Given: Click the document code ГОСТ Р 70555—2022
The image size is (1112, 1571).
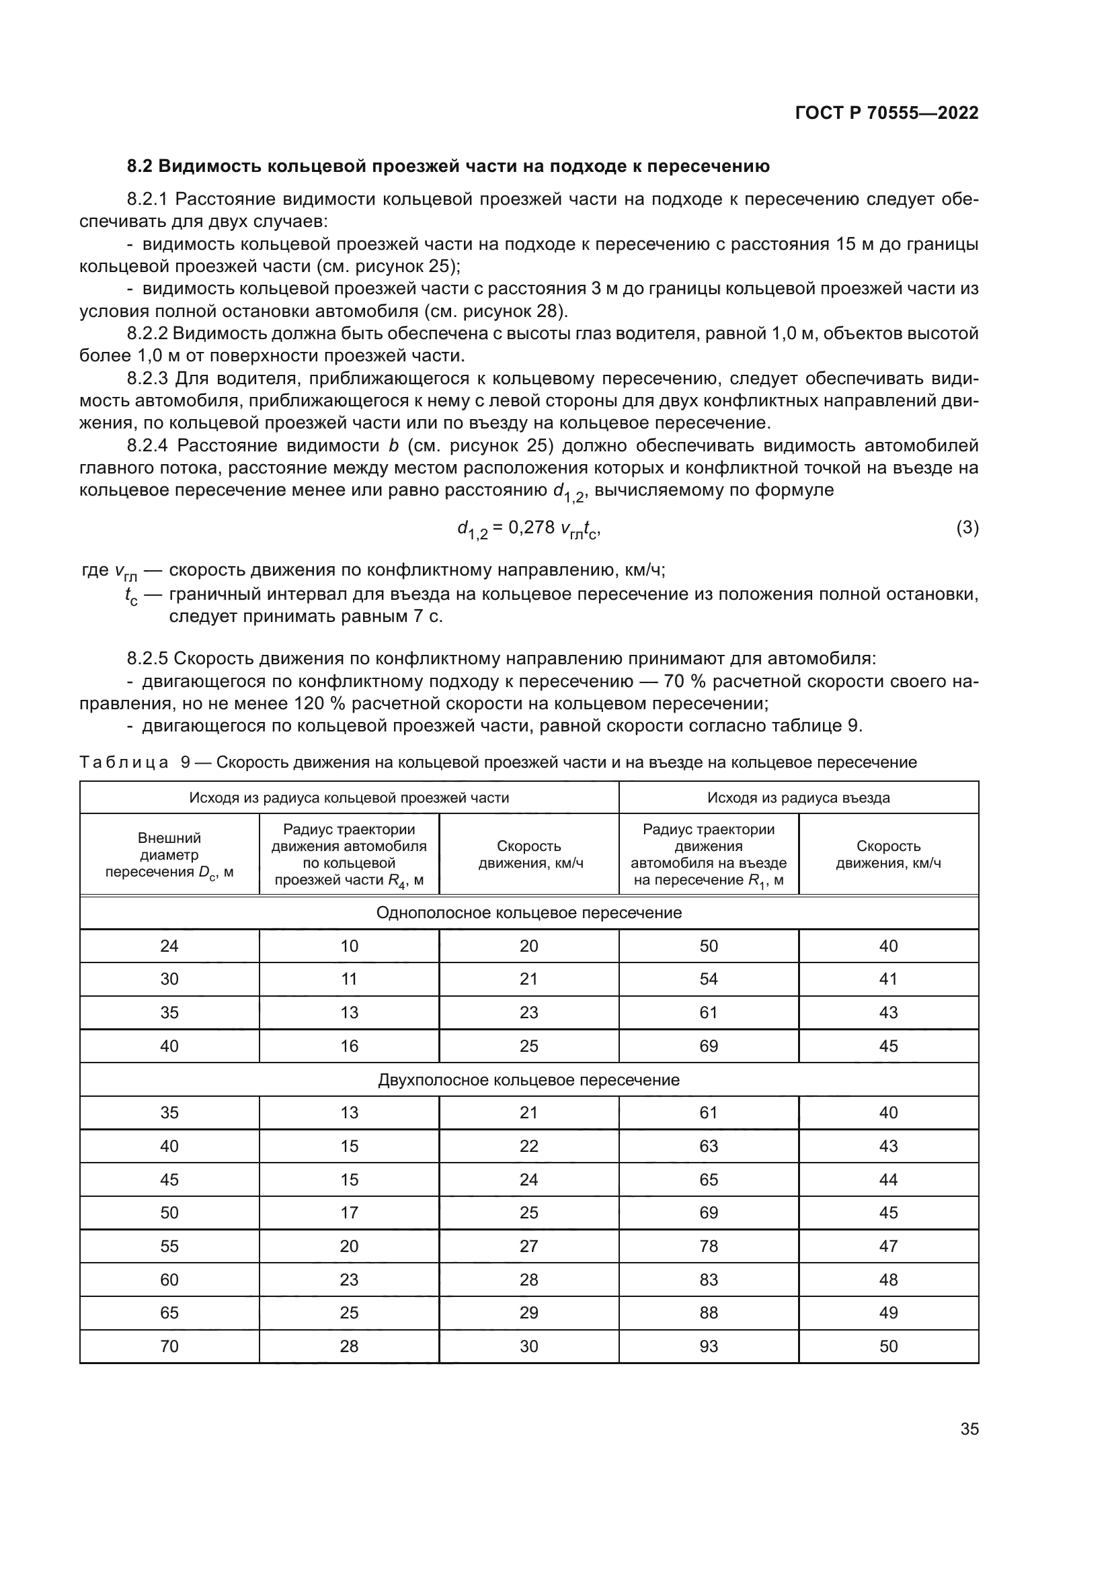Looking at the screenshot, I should pyautogui.click(x=886, y=114).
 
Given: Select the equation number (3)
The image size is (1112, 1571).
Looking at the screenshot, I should pyautogui.click(x=967, y=527).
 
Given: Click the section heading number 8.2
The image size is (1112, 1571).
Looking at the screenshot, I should pyautogui.click(x=141, y=167).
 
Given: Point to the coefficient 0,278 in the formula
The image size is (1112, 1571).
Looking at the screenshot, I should pyautogui.click(x=531, y=527).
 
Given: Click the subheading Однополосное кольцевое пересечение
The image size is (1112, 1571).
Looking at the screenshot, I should pyautogui.click(x=528, y=913).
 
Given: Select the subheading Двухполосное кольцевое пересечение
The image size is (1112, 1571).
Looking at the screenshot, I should pyautogui.click(x=528, y=1080).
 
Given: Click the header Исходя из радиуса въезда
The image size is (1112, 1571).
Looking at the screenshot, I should pyautogui.click(x=799, y=797).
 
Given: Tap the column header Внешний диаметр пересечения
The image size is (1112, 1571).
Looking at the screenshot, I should pyautogui.click(x=169, y=854).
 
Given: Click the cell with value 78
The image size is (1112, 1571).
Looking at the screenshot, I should pyautogui.click(x=709, y=1246).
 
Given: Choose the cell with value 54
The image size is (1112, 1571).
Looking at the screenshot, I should pyautogui.click(x=709, y=979).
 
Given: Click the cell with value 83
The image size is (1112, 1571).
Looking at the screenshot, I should pyautogui.click(x=709, y=1280).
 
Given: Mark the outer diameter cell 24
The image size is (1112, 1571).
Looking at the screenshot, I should pyautogui.click(x=169, y=946).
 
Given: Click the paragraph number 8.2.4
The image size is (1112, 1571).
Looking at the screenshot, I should pyautogui.click(x=147, y=446).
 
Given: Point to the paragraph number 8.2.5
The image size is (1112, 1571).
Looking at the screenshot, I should pyautogui.click(x=147, y=659).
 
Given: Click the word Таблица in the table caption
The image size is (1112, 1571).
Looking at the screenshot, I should pyautogui.click(x=124, y=762).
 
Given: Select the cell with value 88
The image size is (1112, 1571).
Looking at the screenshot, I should pyautogui.click(x=709, y=1312).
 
